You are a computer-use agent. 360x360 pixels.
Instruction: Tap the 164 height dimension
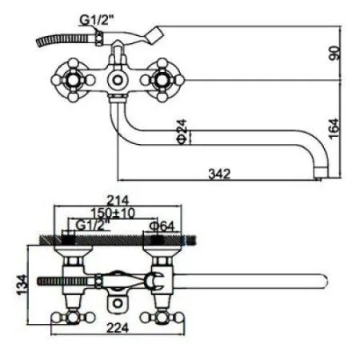pos(335,127)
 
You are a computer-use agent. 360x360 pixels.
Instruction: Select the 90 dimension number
pos(335,54)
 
